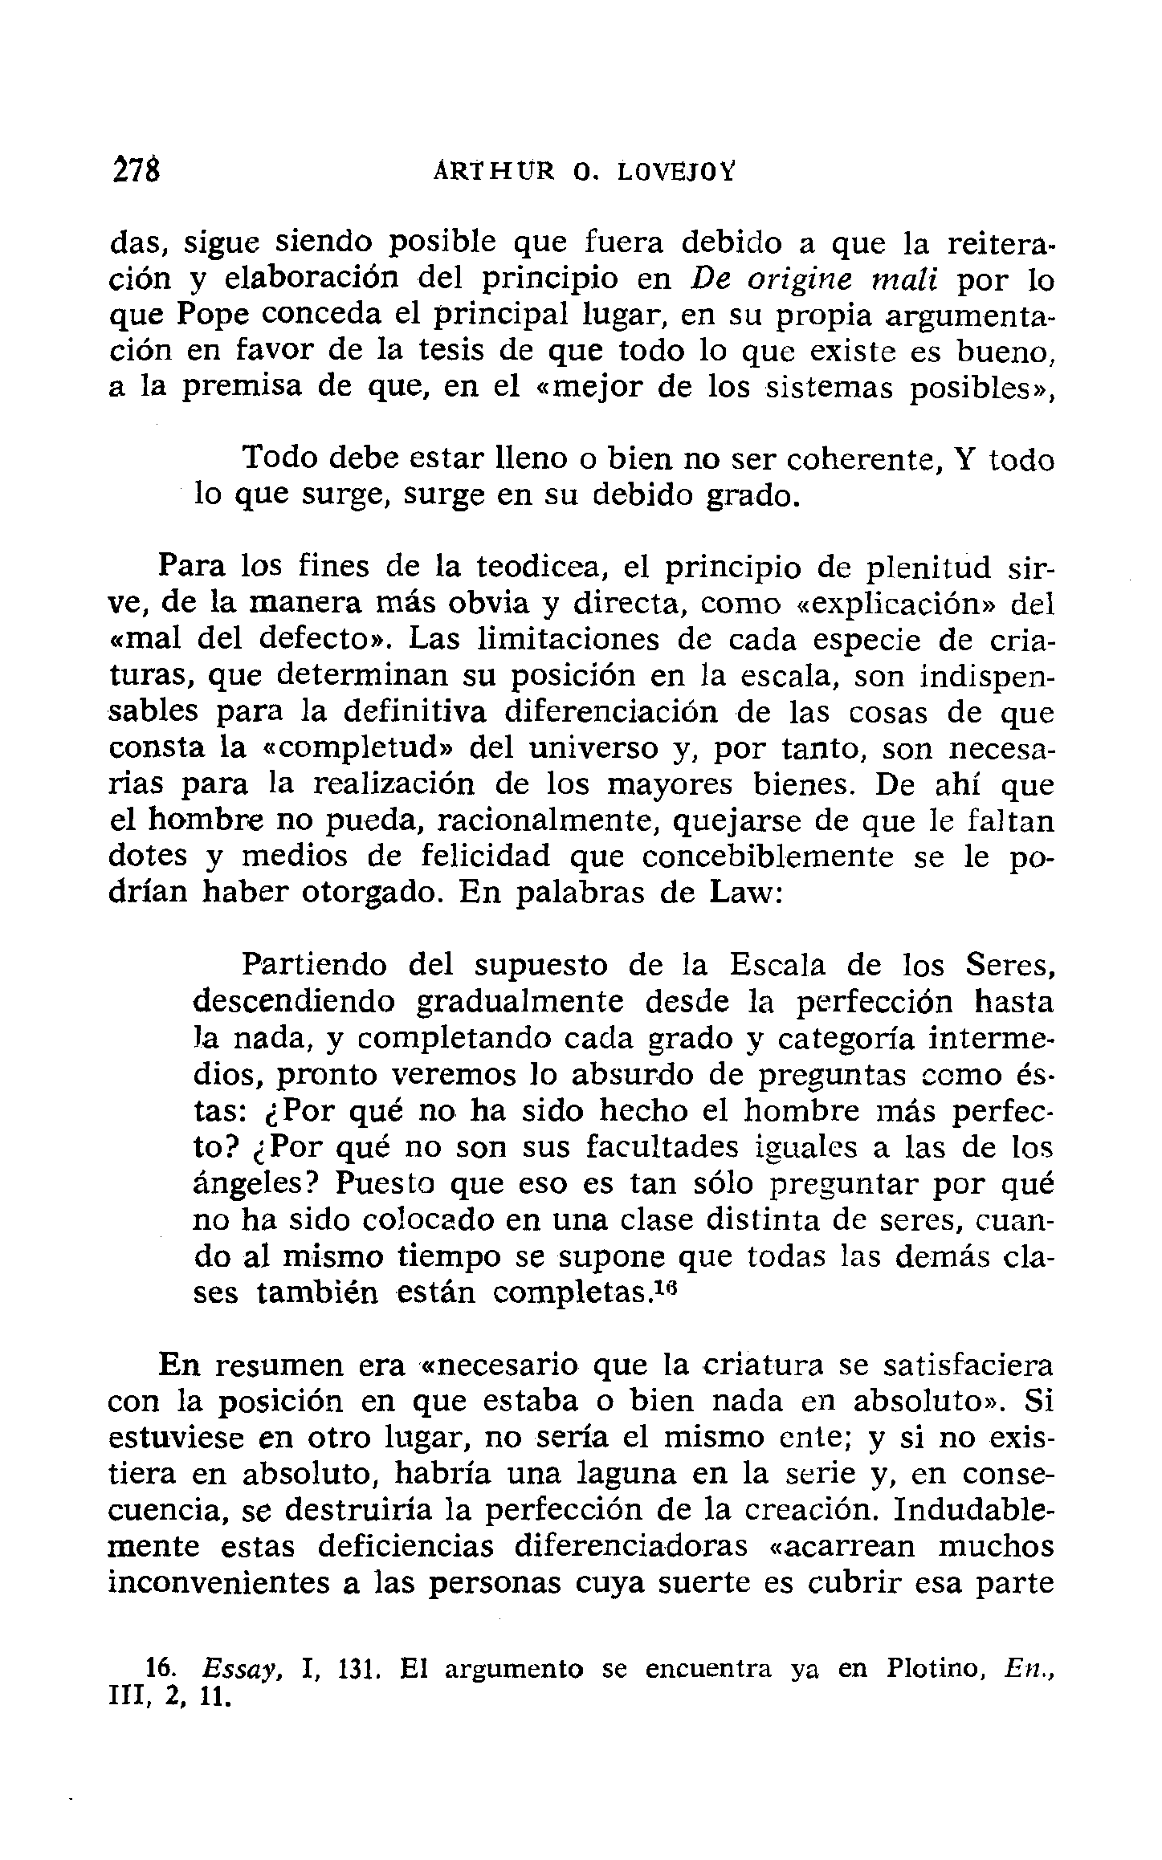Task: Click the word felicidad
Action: tap(486, 857)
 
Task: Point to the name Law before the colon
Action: tap(740, 893)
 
